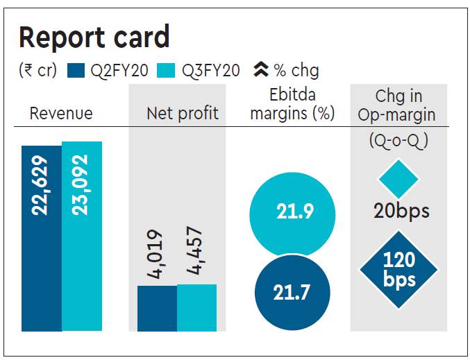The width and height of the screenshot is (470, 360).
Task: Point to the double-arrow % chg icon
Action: [x=261, y=69]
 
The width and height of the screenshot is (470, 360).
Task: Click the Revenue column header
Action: [x=61, y=113]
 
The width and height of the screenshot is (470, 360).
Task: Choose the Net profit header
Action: [x=183, y=113]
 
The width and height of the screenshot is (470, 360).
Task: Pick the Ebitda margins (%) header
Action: [x=292, y=104]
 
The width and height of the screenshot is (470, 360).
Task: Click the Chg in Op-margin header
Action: [x=398, y=104]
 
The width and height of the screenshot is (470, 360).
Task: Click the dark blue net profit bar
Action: [x=157, y=308]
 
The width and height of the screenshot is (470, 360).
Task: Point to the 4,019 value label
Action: [x=156, y=255]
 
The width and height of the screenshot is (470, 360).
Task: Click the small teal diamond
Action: [x=398, y=179]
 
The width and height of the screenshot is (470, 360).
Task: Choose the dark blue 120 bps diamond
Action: [x=398, y=270]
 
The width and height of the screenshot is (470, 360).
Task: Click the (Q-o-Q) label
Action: [x=398, y=141]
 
